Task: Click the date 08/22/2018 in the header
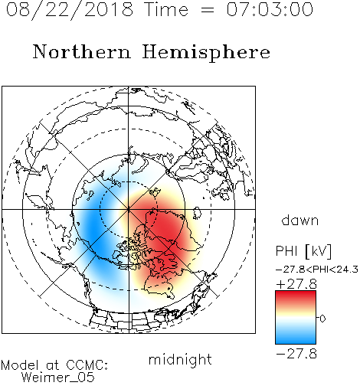(70, 10)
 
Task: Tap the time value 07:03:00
(270, 9)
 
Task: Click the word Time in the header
(167, 9)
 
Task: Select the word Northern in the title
(82, 52)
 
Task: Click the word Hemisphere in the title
(206, 53)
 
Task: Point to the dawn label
(300, 221)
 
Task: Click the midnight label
(180, 359)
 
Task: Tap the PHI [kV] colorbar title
(304, 251)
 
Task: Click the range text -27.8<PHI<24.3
(317, 270)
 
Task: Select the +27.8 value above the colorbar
(296, 284)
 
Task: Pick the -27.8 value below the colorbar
(296, 354)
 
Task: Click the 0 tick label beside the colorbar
(322, 319)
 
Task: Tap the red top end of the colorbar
(296, 293)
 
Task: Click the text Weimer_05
(58, 378)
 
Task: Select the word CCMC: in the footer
(87, 365)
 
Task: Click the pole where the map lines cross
(129, 210)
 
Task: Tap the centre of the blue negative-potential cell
(96, 227)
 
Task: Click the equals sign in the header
(208, 10)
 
